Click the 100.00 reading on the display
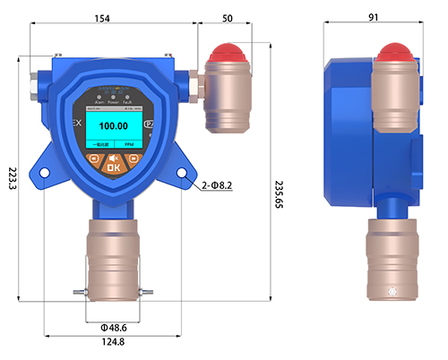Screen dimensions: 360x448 pyautogui.click(x=113, y=126)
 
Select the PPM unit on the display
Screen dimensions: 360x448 pyautogui.click(x=128, y=143)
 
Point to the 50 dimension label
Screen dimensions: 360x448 pyautogui.click(x=228, y=19)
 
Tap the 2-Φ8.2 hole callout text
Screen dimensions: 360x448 pyautogui.click(x=217, y=185)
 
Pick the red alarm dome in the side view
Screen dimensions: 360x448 pyautogui.click(x=395, y=54)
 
